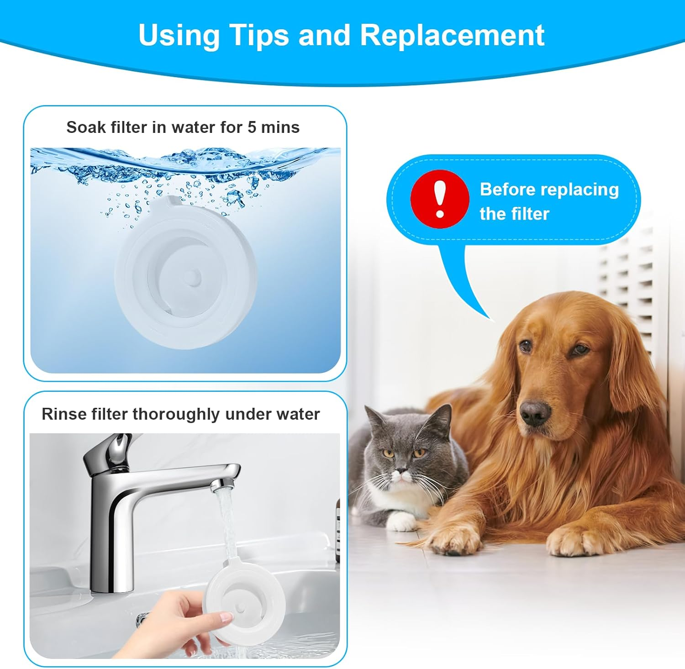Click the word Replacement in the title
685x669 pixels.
(x=452, y=35)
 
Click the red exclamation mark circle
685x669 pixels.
(x=440, y=199)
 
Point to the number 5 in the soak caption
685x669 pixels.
(x=252, y=127)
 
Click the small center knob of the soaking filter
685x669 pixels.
(x=195, y=276)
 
